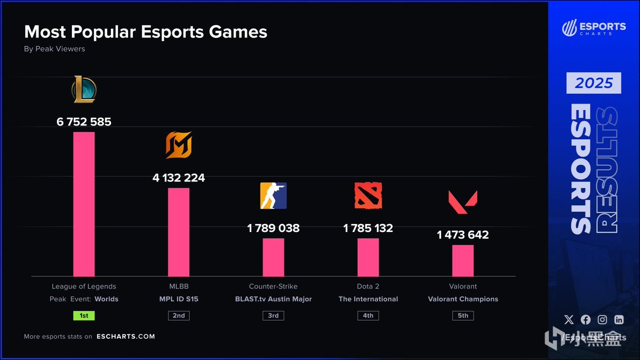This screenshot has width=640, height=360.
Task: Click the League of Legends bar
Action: click(84, 204)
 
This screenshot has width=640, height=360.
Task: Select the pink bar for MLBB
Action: click(179, 232)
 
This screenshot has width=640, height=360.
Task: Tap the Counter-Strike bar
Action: click(273, 257)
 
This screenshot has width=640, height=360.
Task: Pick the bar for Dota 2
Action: click(368, 257)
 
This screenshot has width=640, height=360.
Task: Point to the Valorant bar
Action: click(463, 260)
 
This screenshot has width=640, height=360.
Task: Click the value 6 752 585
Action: click(84, 122)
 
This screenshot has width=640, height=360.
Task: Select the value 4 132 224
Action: click(179, 178)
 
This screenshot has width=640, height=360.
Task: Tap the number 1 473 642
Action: click(463, 235)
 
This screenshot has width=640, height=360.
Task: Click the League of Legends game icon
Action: click(84, 90)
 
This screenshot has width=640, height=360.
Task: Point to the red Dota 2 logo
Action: click(368, 195)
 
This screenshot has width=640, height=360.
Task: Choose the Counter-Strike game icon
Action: click(273, 195)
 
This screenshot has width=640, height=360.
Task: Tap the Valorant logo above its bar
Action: click(463, 202)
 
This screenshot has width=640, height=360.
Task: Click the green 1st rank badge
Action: click(84, 315)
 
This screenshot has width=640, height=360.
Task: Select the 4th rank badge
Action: click(368, 315)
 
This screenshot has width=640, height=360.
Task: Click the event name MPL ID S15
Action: click(179, 299)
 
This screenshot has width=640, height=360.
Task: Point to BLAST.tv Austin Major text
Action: click(273, 299)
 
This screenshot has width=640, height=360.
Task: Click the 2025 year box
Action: click(594, 83)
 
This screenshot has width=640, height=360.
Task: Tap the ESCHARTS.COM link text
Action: click(126, 337)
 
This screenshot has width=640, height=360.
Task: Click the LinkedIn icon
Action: click(619, 319)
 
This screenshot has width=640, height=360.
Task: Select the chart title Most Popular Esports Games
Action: click(146, 32)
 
